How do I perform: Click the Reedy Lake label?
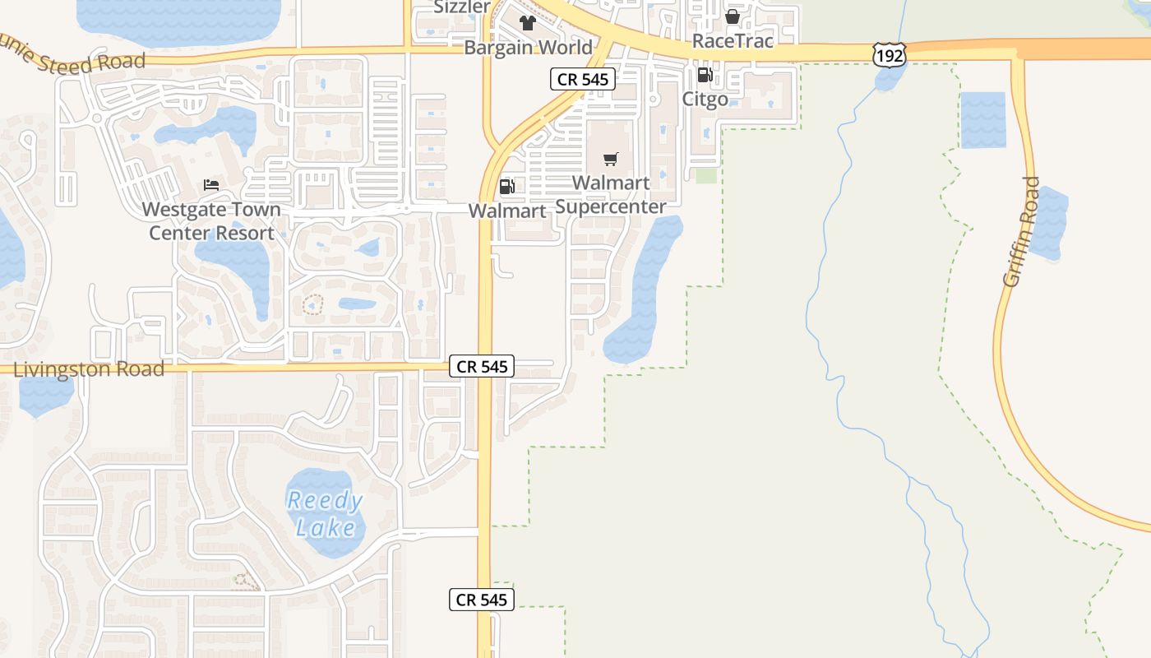pyautogui.click(x=325, y=513)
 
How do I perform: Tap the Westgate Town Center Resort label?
pyautogui.click(x=211, y=221)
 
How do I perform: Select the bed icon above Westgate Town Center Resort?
pyautogui.click(x=211, y=185)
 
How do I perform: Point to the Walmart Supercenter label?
pyautogui.click(x=610, y=194)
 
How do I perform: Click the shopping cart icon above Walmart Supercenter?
pyautogui.click(x=610, y=159)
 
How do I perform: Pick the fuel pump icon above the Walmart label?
pyautogui.click(x=507, y=187)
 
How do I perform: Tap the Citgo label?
pyautogui.click(x=705, y=99)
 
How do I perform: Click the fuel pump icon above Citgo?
pyautogui.click(x=705, y=75)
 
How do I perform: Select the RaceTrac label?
pyautogui.click(x=733, y=40)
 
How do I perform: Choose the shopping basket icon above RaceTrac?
pyautogui.click(x=733, y=16)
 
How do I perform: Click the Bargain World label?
pyautogui.click(x=528, y=47)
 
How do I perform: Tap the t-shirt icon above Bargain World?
pyautogui.click(x=527, y=22)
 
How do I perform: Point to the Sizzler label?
pyautogui.click(x=462, y=7)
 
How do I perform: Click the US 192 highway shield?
pyautogui.click(x=889, y=55)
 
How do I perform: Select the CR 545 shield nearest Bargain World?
pyautogui.click(x=582, y=80)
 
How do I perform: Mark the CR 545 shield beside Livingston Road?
pyautogui.click(x=482, y=366)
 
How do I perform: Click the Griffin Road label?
pyautogui.click(x=1022, y=232)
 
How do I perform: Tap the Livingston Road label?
pyautogui.click(x=89, y=369)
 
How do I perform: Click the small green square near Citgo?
pyautogui.click(x=705, y=175)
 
